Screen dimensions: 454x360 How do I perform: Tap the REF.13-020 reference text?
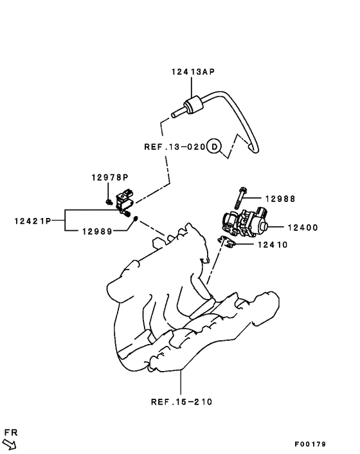(174, 147)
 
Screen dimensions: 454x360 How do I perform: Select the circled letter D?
(215, 147)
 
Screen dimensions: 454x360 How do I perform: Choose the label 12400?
(303, 227)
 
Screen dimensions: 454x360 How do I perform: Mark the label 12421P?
(32, 221)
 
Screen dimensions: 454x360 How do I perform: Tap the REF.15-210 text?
(181, 402)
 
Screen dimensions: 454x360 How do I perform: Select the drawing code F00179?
(311, 444)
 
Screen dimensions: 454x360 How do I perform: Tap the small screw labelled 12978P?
(110, 201)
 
